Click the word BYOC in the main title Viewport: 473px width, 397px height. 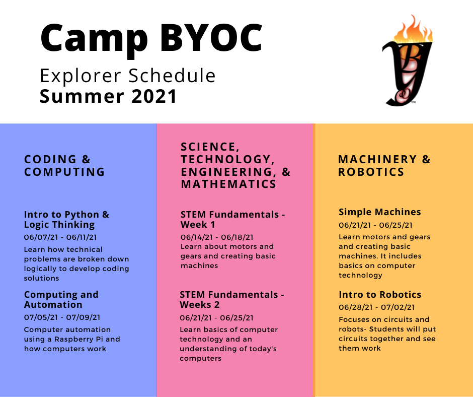pyautogui.click(x=211, y=38)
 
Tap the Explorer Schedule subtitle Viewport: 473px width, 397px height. pyautogui.click(x=128, y=76)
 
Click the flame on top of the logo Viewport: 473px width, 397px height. pyautogui.click(x=413, y=30)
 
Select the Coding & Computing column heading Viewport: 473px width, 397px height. pyautogui.click(x=64, y=166)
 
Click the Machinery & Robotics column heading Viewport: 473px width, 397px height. pyautogui.click(x=384, y=166)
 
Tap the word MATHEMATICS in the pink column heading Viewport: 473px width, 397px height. pyautogui.click(x=228, y=184)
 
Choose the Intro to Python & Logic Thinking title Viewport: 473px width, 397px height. pyautogui.click(x=66, y=219)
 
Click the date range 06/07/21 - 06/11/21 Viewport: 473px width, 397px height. pyautogui.click(x=60, y=237)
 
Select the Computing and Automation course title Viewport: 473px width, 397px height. pyautogui.click(x=61, y=299)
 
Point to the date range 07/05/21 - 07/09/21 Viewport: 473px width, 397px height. pyautogui.click(x=62, y=317)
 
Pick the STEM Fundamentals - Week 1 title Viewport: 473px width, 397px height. pyautogui.click(x=233, y=219)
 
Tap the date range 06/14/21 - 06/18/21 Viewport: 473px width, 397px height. pyautogui.click(x=217, y=237)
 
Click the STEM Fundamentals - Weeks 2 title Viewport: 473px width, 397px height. pyautogui.click(x=232, y=299)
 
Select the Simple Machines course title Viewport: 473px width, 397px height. pyautogui.click(x=380, y=212)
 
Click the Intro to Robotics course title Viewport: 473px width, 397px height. pyautogui.click(x=380, y=295)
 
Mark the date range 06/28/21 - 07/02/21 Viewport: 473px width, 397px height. pyautogui.click(x=377, y=307)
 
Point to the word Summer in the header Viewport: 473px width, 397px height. pyautogui.click(x=82, y=96)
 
